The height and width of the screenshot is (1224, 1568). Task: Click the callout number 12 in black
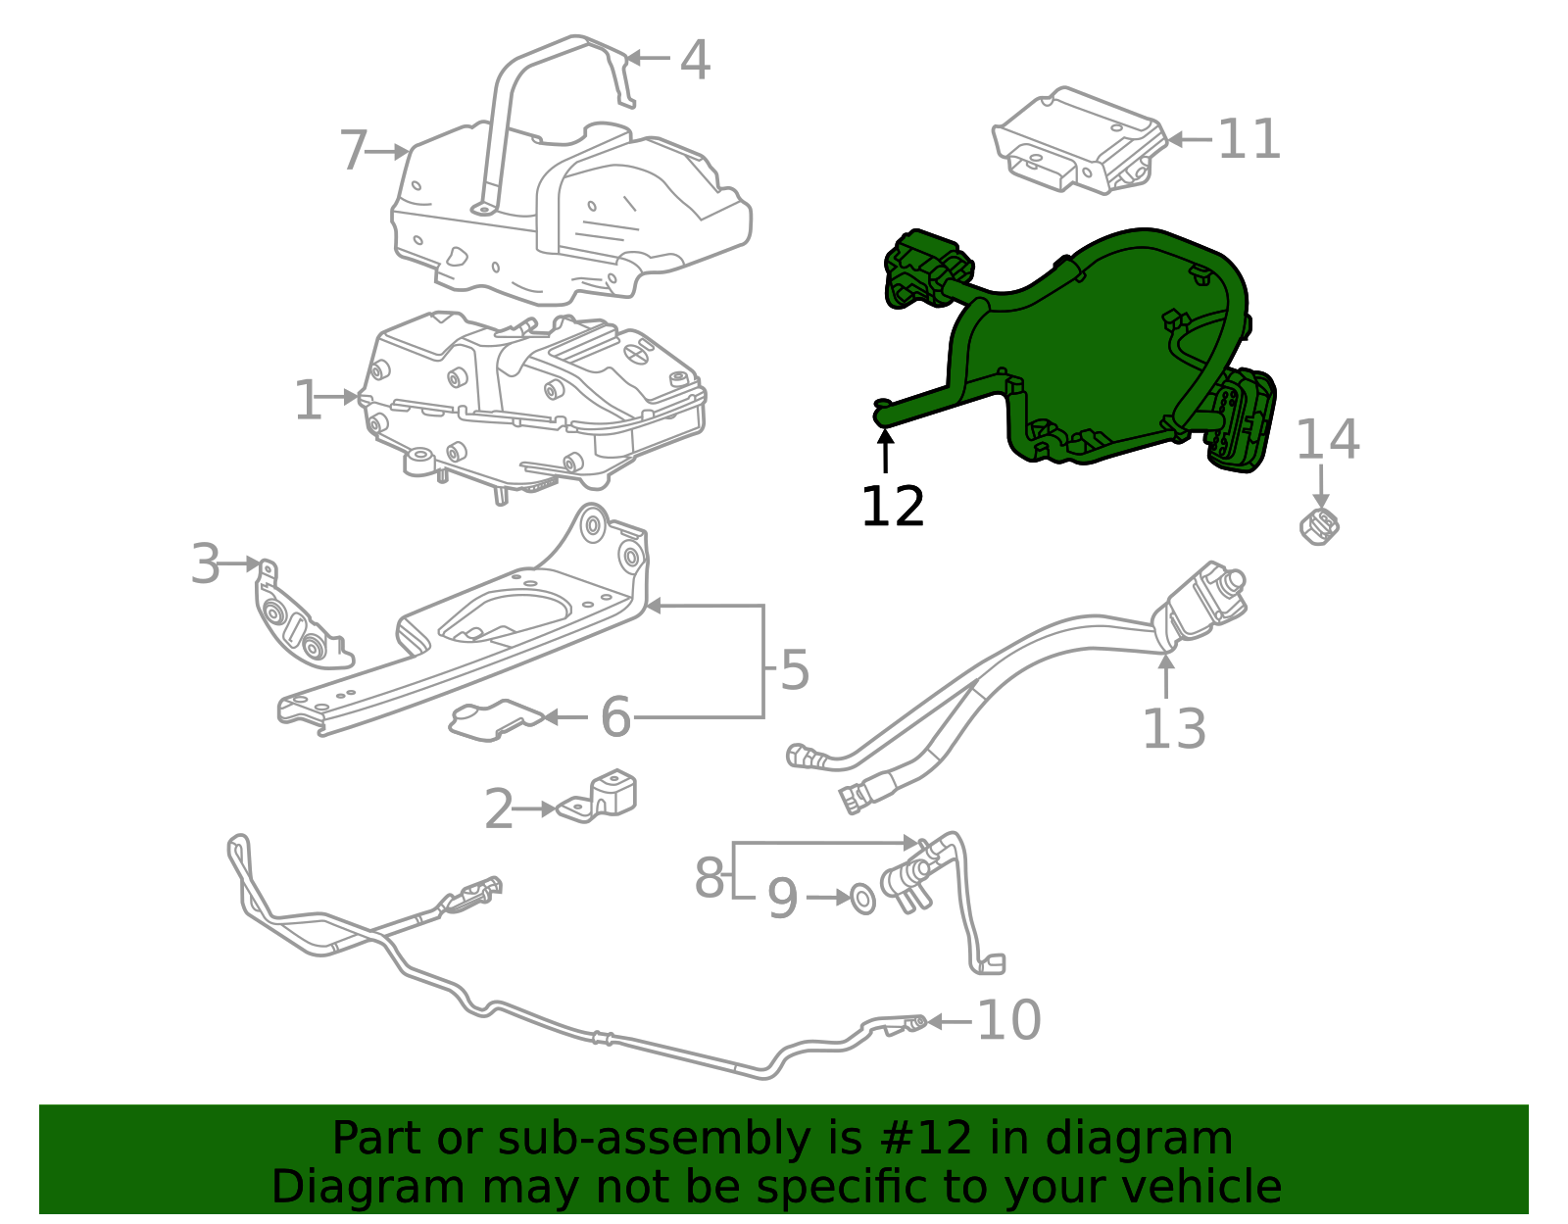[892, 507]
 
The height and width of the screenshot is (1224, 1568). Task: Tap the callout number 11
[1249, 139]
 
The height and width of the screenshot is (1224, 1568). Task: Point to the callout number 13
[1174, 728]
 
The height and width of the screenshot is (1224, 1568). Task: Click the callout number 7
[353, 151]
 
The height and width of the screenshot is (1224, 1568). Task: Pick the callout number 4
[695, 61]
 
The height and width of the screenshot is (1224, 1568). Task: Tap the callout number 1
[308, 401]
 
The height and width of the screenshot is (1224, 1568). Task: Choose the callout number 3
[205, 564]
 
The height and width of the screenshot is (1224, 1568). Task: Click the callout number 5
[795, 670]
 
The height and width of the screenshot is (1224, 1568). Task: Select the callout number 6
[615, 717]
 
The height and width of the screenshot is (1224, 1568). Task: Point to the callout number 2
[499, 810]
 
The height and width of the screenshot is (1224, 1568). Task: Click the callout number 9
[782, 899]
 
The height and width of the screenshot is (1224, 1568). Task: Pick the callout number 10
[1008, 1021]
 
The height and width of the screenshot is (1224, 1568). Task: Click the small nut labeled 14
[1319, 526]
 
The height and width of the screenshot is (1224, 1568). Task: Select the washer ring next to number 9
[862, 898]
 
